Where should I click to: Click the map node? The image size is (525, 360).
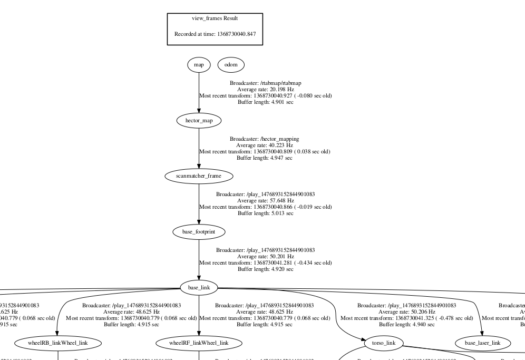tap(199, 65)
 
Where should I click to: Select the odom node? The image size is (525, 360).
tap(231, 65)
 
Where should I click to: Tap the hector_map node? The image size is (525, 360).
tap(199, 121)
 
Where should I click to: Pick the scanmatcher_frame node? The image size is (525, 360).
tap(199, 176)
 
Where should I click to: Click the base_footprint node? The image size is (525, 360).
tap(199, 231)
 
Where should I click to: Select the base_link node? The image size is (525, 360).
tap(199, 287)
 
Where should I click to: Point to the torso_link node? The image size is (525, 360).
tap(384, 343)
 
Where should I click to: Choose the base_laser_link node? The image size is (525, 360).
tap(482, 343)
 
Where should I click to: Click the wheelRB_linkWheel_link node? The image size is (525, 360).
tap(51, 343)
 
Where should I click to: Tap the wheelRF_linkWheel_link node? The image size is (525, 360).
tap(199, 343)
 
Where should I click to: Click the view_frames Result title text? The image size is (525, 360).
tap(215, 18)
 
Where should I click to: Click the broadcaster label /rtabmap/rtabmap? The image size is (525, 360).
tap(265, 83)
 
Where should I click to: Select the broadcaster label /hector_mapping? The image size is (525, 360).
tap(264, 139)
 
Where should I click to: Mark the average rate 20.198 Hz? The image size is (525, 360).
tap(265, 90)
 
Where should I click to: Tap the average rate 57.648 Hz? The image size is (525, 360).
tap(265, 201)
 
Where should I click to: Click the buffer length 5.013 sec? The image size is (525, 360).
tap(265, 213)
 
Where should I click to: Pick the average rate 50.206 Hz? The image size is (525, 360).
tap(406, 312)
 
